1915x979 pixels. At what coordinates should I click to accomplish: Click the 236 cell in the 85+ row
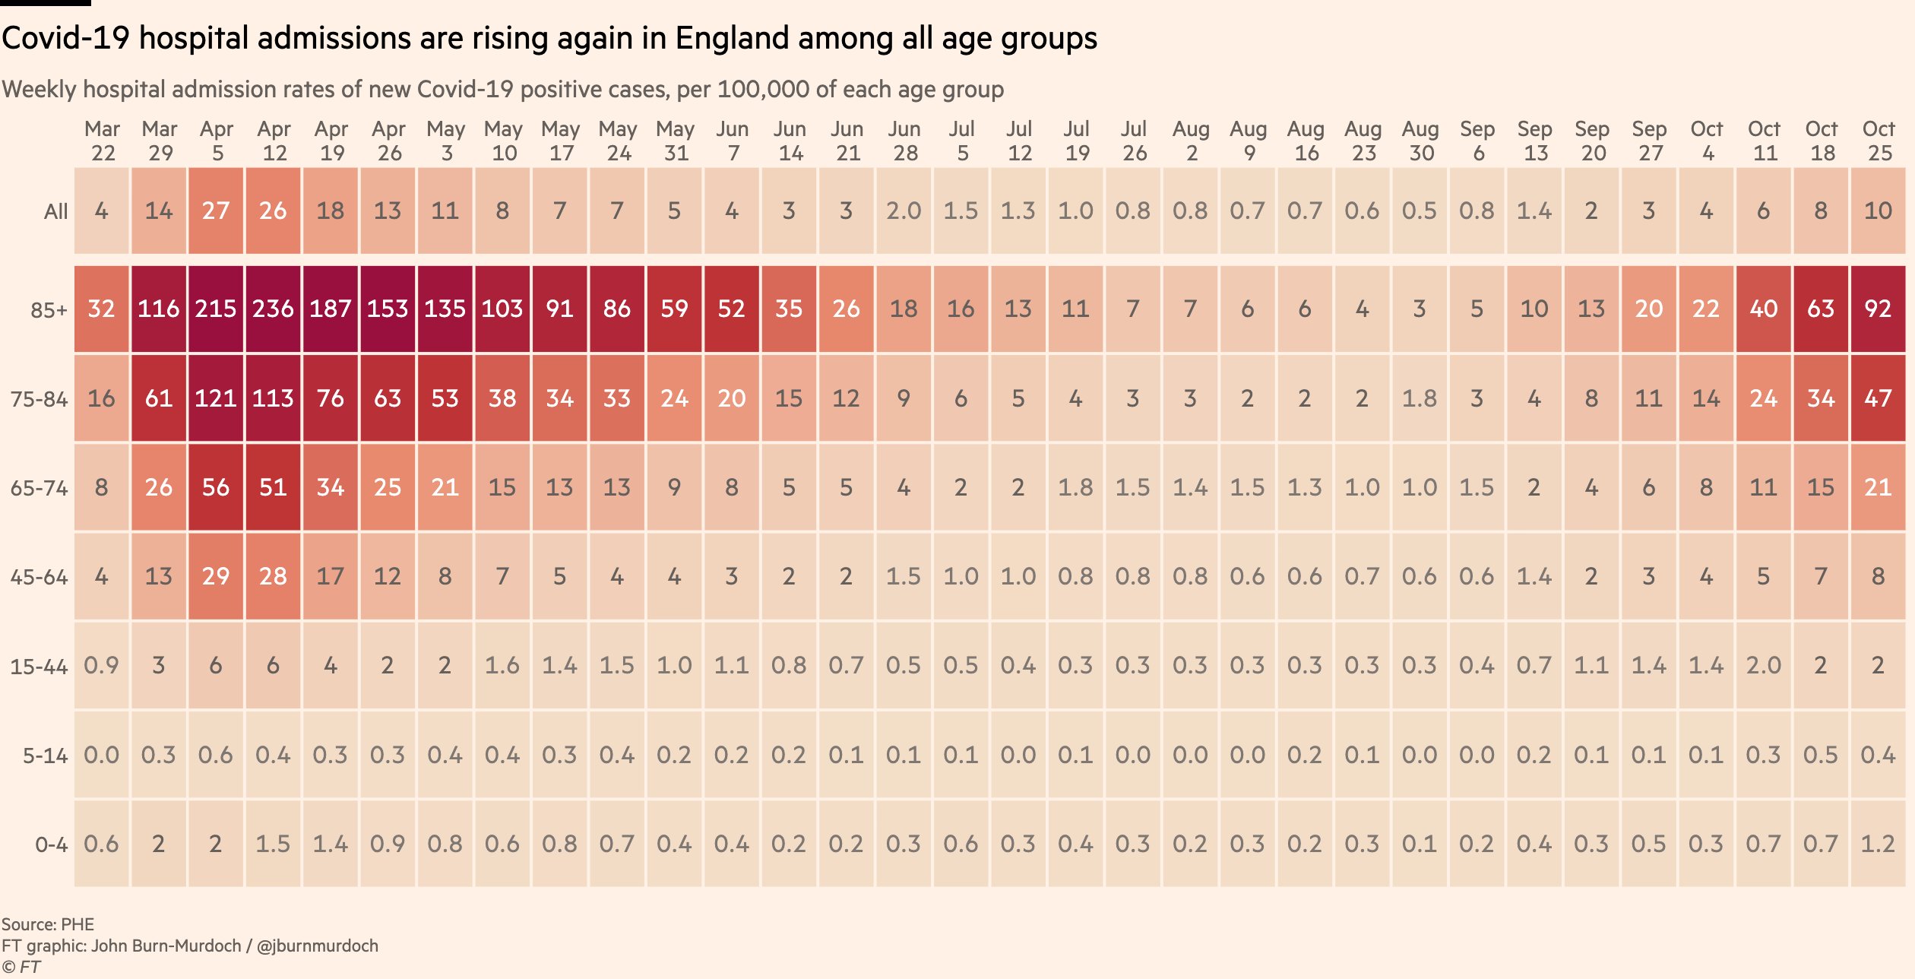pos(273,309)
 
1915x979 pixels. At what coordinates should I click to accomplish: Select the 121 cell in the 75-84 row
pos(216,398)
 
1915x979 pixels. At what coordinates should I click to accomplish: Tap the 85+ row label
pos(49,310)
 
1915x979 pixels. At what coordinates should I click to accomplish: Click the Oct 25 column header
pos(1879,141)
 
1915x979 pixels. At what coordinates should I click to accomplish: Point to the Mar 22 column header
pos(103,141)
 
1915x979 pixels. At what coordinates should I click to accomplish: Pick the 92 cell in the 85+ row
pos(1878,309)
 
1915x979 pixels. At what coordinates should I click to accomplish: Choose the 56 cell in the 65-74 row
pos(216,487)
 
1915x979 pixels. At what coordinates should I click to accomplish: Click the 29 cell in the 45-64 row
pos(216,576)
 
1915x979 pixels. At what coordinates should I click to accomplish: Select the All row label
pos(55,211)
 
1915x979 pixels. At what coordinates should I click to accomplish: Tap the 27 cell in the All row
pos(216,211)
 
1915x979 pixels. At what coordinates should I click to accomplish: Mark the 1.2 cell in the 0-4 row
pos(1878,844)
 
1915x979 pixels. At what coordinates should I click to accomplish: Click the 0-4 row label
pos(51,844)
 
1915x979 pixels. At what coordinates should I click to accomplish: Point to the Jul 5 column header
pos(961,141)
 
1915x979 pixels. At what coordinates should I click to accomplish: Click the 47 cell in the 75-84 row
pos(1878,398)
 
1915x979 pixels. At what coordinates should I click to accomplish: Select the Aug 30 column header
pos(1420,141)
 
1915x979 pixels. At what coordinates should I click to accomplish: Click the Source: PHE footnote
pos(48,924)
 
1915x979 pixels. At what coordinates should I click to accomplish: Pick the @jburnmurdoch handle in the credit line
pos(317,946)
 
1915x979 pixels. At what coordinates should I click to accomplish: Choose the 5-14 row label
pos(45,756)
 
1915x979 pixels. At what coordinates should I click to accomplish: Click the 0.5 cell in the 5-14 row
pos(1821,755)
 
